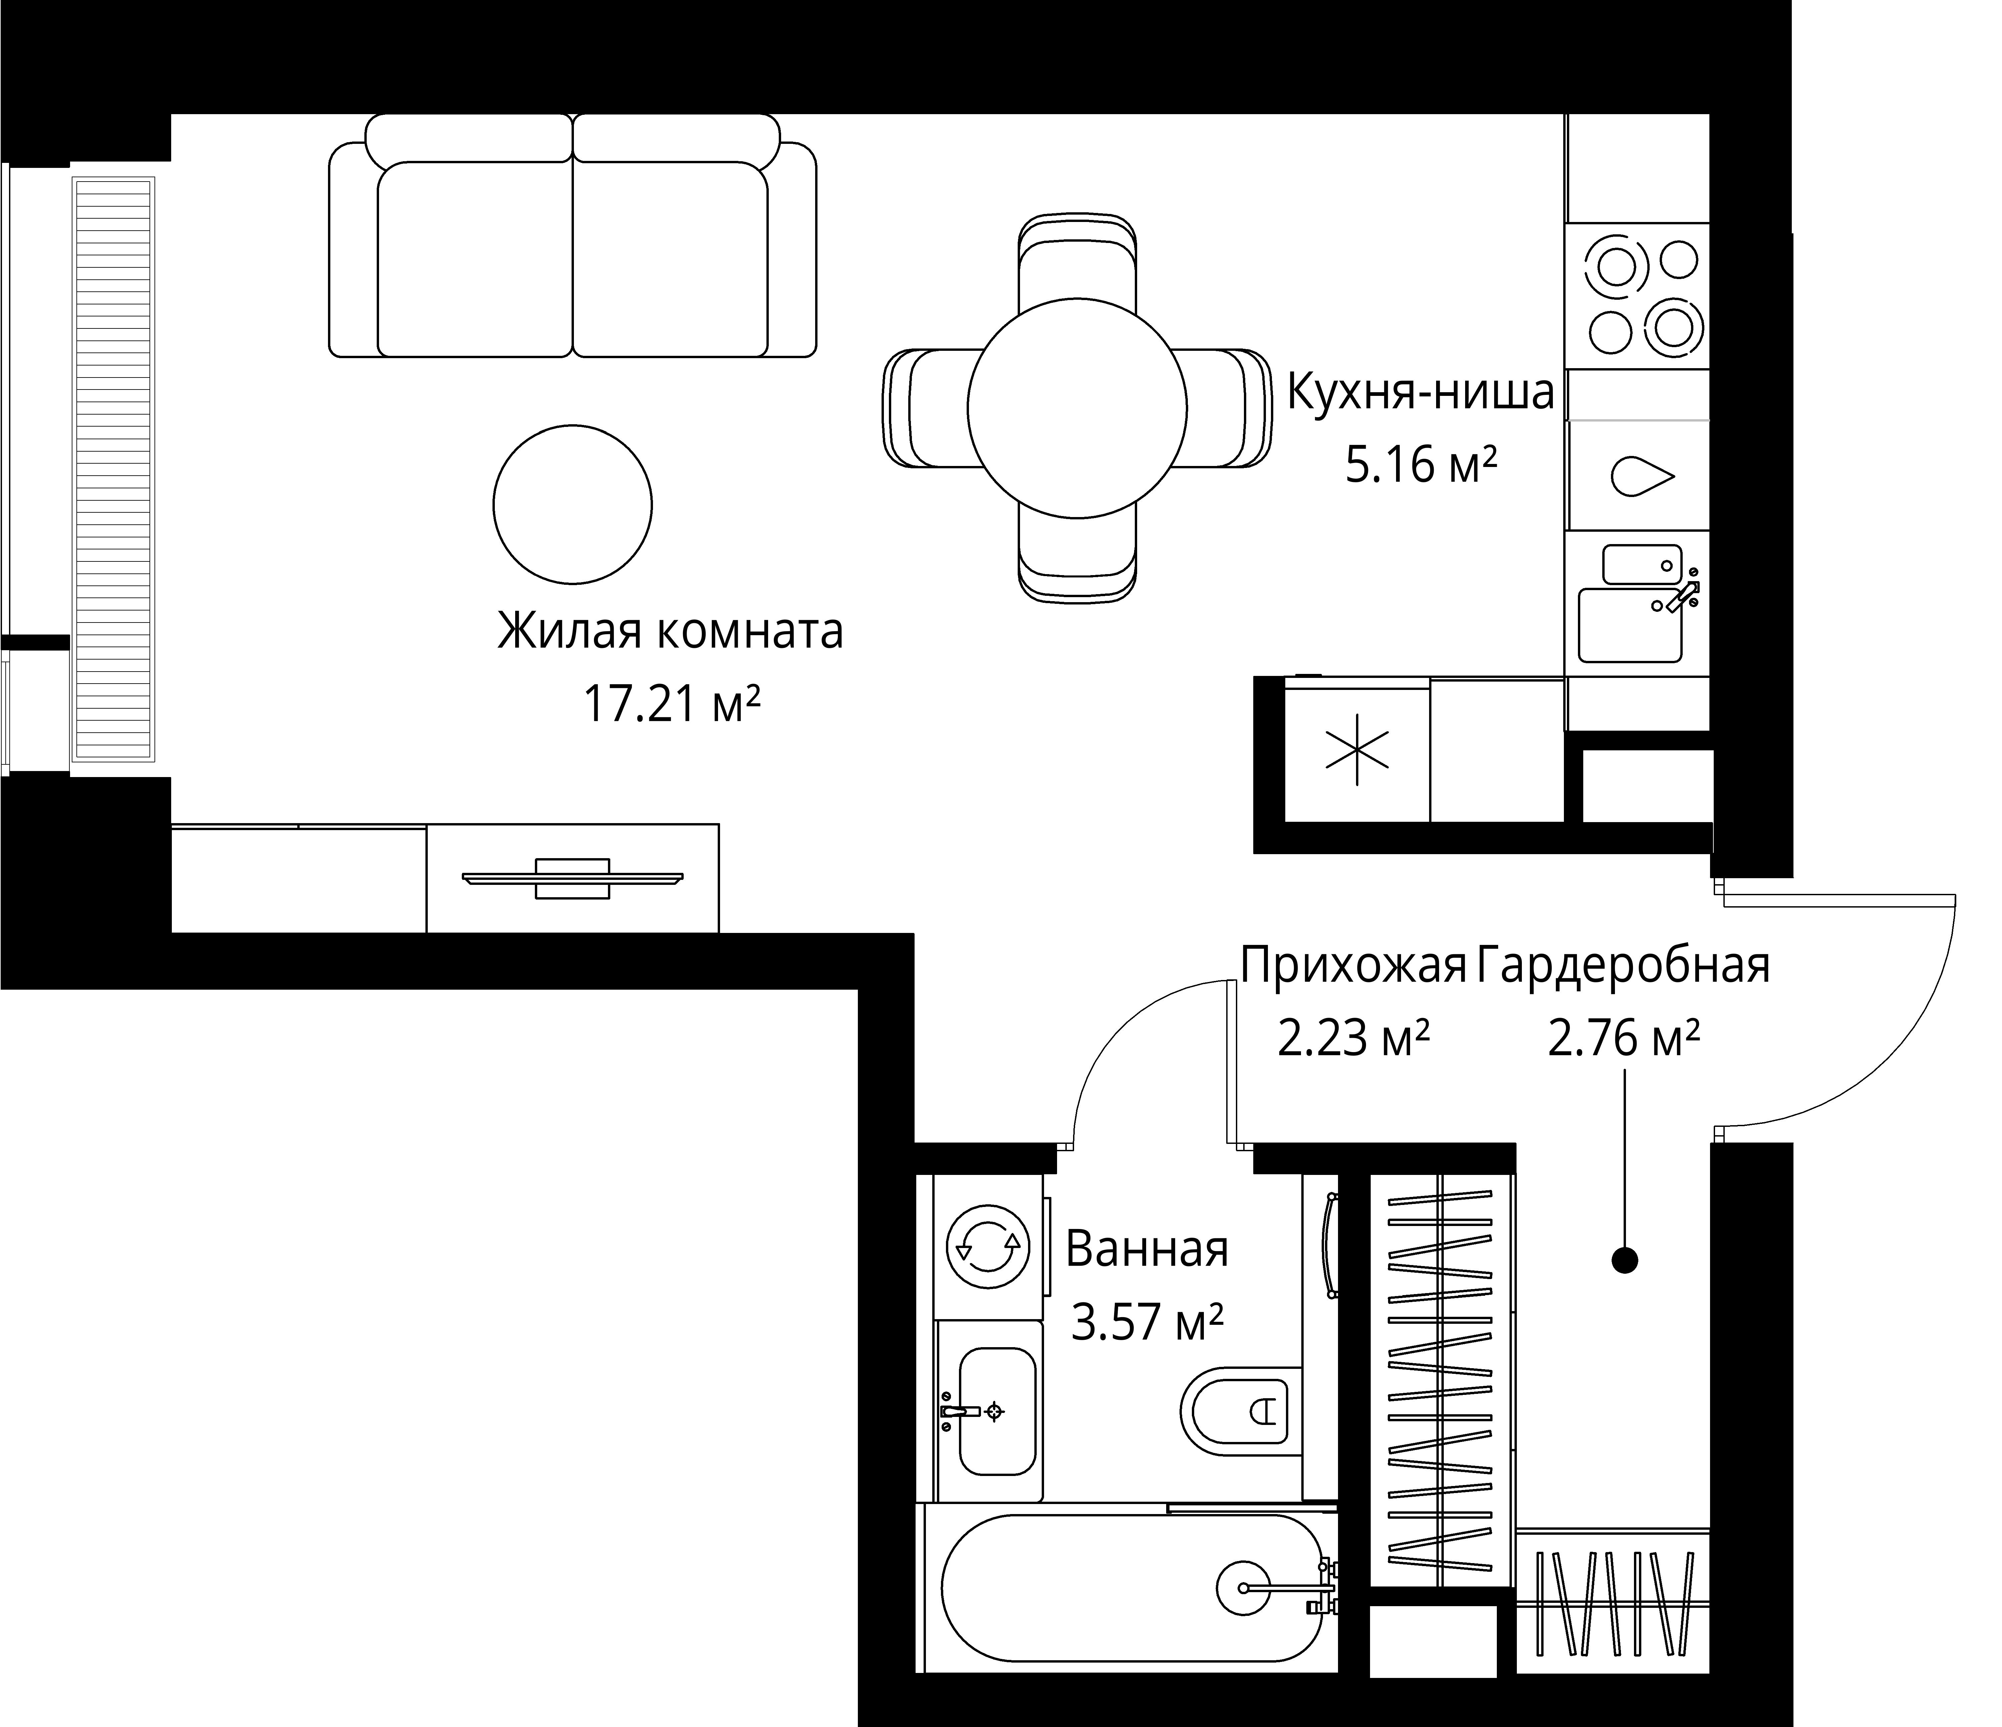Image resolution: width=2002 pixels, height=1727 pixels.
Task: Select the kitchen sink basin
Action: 1631,624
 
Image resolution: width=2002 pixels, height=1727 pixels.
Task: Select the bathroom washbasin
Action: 996,1412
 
